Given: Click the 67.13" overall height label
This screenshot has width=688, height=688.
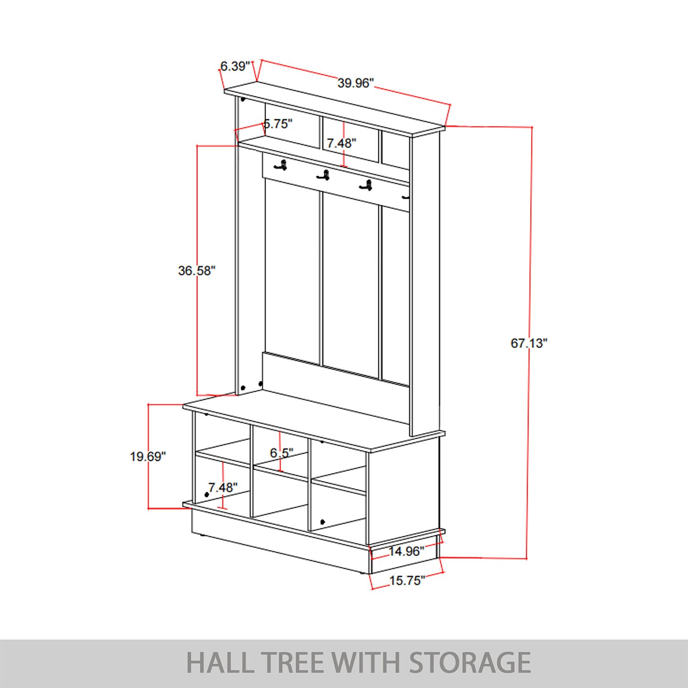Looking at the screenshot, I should [529, 343].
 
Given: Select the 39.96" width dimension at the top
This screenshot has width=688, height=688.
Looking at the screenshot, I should [356, 83].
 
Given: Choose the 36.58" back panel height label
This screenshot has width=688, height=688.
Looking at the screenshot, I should [197, 271].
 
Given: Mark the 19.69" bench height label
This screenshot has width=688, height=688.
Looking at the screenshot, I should [148, 456].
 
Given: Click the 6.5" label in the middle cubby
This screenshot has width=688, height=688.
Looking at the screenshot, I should [282, 453].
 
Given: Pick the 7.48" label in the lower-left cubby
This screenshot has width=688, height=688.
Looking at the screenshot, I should [223, 488].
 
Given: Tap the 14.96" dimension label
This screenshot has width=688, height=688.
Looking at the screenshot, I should [406, 551].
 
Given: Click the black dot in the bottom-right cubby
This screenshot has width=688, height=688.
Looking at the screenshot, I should [322, 522].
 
